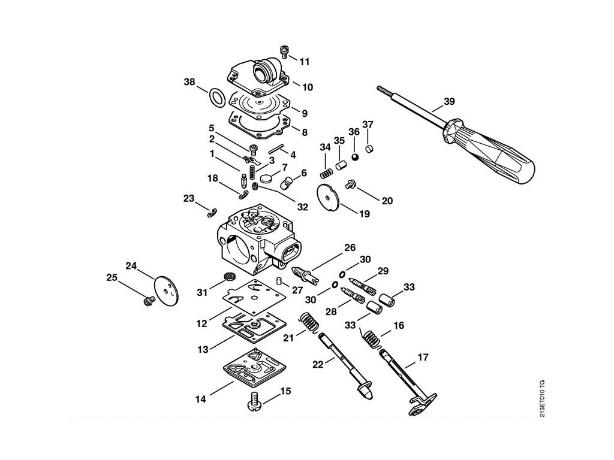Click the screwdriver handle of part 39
(x=489, y=151)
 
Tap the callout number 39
(x=449, y=101)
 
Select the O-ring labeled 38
(x=216, y=97)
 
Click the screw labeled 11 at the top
(x=285, y=52)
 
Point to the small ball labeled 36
(x=355, y=157)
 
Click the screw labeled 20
(x=350, y=184)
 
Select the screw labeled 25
(x=149, y=301)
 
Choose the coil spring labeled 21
(x=311, y=323)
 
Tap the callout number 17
(x=423, y=357)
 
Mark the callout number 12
(x=201, y=323)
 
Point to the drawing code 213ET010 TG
(x=542, y=398)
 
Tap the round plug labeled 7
(x=266, y=178)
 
